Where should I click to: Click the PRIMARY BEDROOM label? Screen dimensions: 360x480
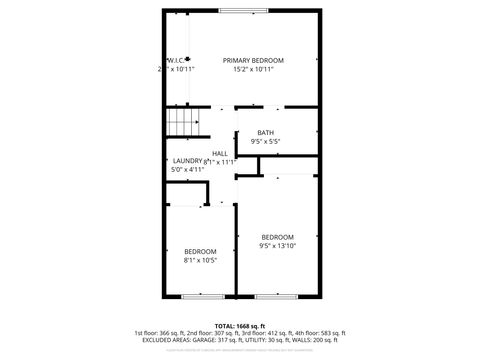(253, 60)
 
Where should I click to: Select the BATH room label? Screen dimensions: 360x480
(265, 133)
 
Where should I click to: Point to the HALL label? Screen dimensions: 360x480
(219, 153)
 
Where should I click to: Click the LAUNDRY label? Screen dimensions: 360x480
(187, 161)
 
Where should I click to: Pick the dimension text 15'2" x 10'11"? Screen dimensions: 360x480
(253, 69)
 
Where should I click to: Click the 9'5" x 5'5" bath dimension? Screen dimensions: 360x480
(265, 142)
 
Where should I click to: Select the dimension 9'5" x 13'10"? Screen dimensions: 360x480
(278, 246)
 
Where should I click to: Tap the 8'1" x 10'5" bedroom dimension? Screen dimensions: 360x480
(200, 260)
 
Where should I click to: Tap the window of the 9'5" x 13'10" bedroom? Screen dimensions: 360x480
(277, 297)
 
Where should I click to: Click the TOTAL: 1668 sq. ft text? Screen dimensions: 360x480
(239, 325)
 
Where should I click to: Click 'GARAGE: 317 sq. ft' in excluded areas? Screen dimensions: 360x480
(213, 340)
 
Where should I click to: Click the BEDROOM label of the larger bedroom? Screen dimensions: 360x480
(278, 237)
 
